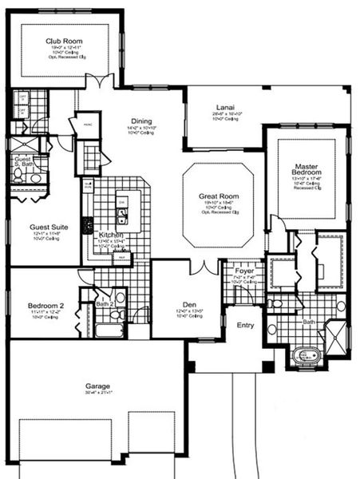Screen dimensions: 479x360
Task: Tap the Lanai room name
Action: click(x=224, y=106)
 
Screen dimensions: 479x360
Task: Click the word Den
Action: click(x=188, y=303)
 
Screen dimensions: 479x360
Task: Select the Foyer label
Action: click(x=243, y=271)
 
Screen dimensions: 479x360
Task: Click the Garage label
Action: click(x=97, y=386)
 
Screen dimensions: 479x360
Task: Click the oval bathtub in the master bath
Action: click(x=307, y=355)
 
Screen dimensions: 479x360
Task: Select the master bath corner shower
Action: click(x=336, y=333)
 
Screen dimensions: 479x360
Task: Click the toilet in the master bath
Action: click(x=272, y=329)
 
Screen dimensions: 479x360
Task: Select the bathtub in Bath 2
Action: click(x=107, y=330)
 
